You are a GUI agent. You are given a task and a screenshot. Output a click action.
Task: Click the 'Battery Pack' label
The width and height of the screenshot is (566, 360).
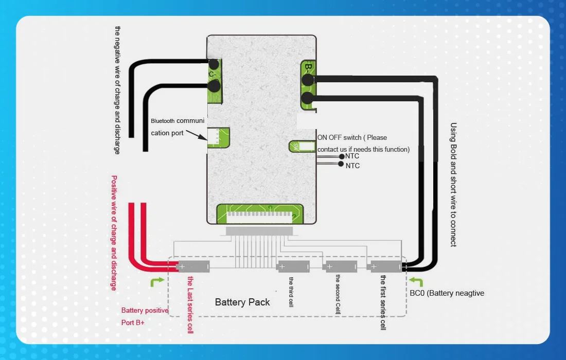[242, 302]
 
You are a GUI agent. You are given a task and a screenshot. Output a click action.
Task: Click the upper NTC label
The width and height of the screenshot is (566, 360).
[352, 156]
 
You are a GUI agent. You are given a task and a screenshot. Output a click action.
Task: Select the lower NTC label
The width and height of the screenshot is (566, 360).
[352, 166]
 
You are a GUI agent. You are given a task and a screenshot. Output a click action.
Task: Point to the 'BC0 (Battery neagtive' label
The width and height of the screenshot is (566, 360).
[447, 293]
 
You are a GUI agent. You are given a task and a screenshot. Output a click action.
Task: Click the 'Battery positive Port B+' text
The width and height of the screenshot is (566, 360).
[145, 316]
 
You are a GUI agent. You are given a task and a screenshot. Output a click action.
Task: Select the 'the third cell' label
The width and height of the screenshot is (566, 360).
[291, 292]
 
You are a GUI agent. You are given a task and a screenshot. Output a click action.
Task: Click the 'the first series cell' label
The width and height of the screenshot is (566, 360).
[383, 302]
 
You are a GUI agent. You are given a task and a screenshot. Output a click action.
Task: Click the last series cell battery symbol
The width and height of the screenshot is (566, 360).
[193, 266]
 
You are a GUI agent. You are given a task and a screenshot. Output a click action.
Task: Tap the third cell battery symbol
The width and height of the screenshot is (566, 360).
[293, 266]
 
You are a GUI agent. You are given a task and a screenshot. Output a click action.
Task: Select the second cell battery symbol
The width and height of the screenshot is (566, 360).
[340, 266]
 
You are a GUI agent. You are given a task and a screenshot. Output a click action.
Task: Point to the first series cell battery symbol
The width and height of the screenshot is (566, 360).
[385, 266]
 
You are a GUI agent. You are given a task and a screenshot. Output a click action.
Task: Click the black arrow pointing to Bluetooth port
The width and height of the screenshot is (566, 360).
[196, 136]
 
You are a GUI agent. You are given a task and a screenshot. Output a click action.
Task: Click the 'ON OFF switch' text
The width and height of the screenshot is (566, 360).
[352, 137]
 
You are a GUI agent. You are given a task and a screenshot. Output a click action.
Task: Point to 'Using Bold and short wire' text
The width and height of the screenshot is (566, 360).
[453, 185]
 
